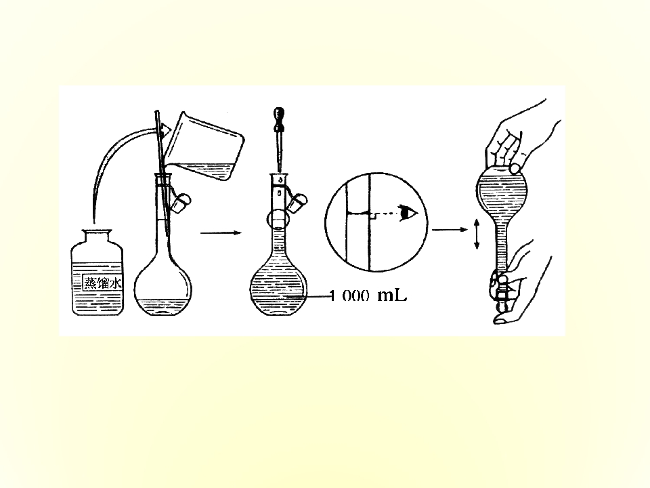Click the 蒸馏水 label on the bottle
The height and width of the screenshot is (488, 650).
pos(102,283)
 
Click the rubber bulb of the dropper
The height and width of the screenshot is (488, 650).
pos(279,115)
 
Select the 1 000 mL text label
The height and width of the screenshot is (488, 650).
pos(368,296)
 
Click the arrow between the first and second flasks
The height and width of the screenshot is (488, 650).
pos(221,232)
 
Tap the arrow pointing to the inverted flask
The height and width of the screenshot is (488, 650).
pos(450,230)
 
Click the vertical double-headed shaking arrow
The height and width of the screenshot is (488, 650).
pos(477,234)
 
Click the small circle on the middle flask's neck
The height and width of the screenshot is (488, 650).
pos(278,219)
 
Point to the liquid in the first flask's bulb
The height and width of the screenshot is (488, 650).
pos(163,306)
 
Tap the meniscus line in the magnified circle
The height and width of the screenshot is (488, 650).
pos(357,213)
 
